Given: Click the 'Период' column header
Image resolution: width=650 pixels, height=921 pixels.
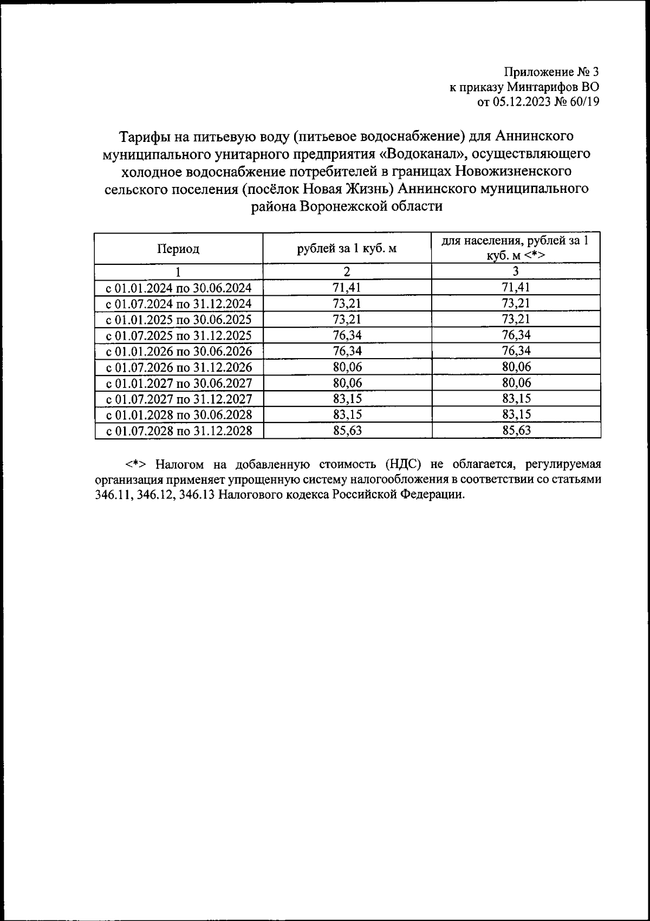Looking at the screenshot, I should point(178,249).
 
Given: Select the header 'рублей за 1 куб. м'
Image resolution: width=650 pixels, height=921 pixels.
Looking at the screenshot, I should point(347,249).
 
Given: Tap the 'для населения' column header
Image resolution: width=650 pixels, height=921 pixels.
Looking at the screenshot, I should point(516,248).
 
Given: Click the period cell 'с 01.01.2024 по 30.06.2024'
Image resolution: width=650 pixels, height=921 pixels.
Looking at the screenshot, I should point(178,288).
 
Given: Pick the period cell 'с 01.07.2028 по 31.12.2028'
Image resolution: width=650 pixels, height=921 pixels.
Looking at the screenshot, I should point(178,431).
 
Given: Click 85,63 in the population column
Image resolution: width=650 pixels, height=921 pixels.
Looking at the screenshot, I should point(516,431).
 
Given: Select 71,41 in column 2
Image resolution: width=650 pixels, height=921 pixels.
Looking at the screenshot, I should point(347,287).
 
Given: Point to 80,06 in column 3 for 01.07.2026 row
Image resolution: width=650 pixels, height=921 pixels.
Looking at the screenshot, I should point(516,367).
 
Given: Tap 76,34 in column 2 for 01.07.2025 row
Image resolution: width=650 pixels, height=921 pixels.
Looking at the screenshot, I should point(347,335).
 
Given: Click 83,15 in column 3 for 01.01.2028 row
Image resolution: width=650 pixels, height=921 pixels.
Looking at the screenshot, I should point(516,414).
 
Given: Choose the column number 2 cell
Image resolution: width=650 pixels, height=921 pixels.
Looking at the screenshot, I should point(347,271).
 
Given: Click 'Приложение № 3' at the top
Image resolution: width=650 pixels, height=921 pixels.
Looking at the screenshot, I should point(551,72).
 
